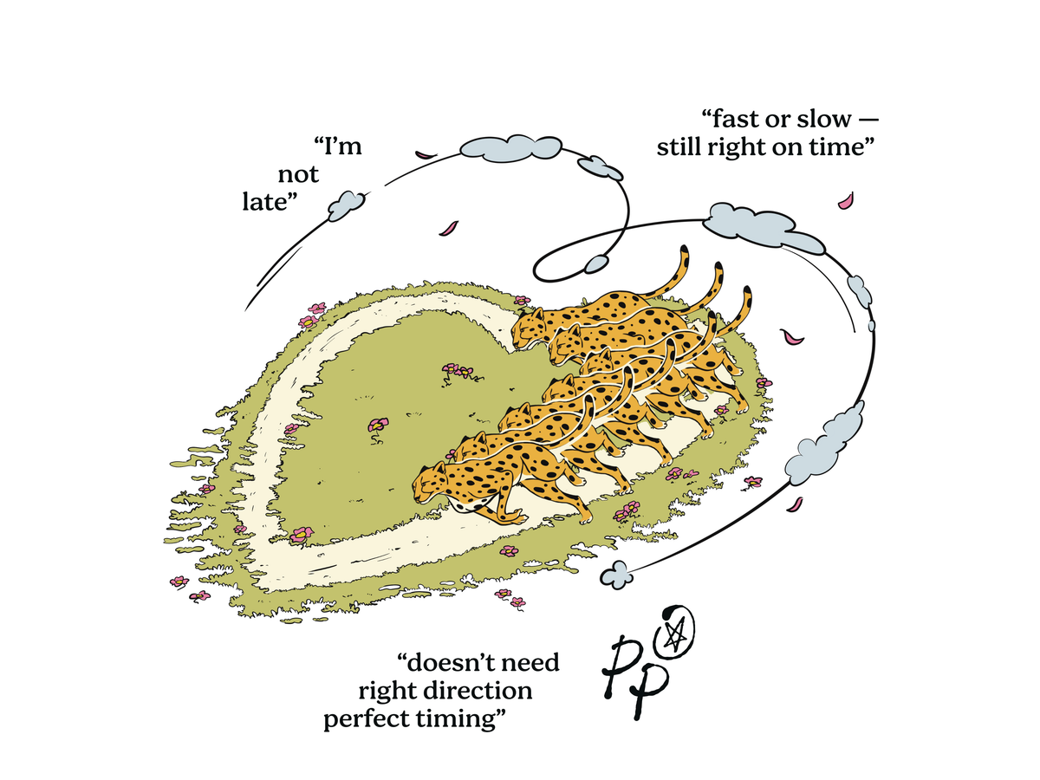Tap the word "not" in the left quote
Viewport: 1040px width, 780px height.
coord(298,175)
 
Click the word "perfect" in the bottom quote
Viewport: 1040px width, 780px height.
coord(367,720)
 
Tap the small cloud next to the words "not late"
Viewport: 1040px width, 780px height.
coord(347,205)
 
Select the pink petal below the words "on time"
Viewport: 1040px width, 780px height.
coord(846,200)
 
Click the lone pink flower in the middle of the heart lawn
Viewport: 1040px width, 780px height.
coord(378,425)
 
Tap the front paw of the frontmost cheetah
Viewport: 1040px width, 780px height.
coord(520,518)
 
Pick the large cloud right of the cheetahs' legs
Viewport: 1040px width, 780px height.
coord(823,444)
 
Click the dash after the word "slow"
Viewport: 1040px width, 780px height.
coord(868,120)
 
